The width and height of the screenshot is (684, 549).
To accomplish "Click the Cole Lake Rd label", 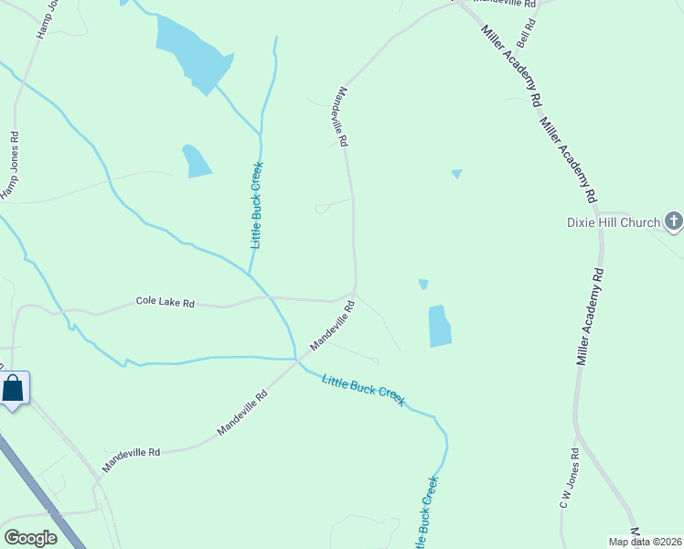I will pos(165,301).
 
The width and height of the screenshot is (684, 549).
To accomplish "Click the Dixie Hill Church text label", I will pos(612,222).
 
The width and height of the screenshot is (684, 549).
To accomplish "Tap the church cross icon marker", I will pos(674,221).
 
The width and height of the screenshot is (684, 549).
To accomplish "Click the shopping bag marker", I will pos(14,388).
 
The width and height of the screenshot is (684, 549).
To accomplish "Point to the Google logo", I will pos(30,538).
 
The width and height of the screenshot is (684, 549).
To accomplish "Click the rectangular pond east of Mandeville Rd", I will pos(439,327).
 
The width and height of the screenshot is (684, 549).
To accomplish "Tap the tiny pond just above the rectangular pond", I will pos(423,285).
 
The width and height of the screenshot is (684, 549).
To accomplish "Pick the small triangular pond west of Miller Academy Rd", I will pos(456,173).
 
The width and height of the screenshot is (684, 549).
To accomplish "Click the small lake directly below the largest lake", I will pos(196,161).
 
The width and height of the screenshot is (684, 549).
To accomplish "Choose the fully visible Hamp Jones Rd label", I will pos(12,165).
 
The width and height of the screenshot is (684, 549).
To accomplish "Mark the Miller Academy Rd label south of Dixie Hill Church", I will pos(590,316).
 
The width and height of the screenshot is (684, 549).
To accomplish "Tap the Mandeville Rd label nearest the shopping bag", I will pos(131,457).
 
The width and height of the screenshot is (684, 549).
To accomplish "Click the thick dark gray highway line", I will pos(37,494).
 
